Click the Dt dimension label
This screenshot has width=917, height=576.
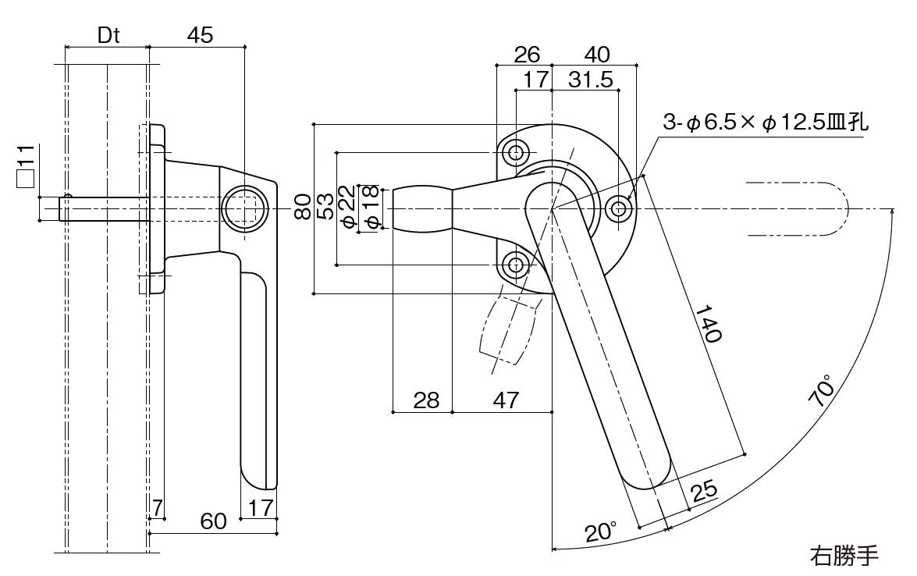click(108, 36)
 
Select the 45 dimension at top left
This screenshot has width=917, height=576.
click(200, 36)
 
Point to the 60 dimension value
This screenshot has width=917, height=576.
click(213, 521)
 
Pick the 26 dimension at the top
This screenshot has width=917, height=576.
click(527, 55)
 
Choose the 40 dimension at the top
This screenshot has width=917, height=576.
click(596, 55)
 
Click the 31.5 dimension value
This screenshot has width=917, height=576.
click(590, 80)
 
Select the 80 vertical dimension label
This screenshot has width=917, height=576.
click(304, 208)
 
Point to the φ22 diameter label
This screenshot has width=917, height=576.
click(348, 208)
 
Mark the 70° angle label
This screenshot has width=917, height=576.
click(821, 391)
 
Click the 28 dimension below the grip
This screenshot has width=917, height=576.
click(426, 400)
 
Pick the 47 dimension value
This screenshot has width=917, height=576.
click(506, 400)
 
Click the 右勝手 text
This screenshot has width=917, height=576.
click(844, 556)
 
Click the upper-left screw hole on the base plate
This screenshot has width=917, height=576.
click(515, 151)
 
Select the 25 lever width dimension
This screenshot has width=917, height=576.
click(704, 489)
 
